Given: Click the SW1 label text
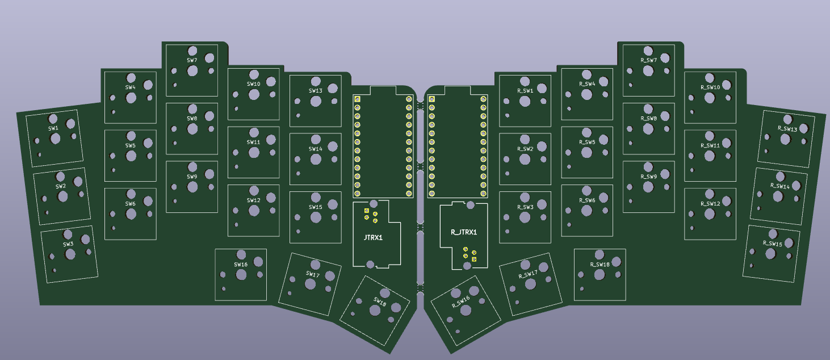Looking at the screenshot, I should tap(53, 129).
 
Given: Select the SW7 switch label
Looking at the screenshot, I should tap(192, 60).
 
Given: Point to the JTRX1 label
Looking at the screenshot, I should tap(372, 237).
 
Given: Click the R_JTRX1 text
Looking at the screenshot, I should tap(464, 232).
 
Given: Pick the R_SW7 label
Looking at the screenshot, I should tap(648, 60).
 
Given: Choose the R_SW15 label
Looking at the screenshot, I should tap(772, 244).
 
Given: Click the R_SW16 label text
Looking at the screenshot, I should tap(460, 301).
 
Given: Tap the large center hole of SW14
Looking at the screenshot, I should tap(316, 160).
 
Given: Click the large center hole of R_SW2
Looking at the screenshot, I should tap(525, 160).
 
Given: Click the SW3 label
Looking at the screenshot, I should tap(68, 244).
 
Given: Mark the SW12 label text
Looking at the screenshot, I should tap(254, 200).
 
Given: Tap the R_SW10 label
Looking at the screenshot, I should tap(710, 87).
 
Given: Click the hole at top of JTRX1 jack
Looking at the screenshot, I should tap(374, 203).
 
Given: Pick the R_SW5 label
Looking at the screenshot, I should tap(587, 143).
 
